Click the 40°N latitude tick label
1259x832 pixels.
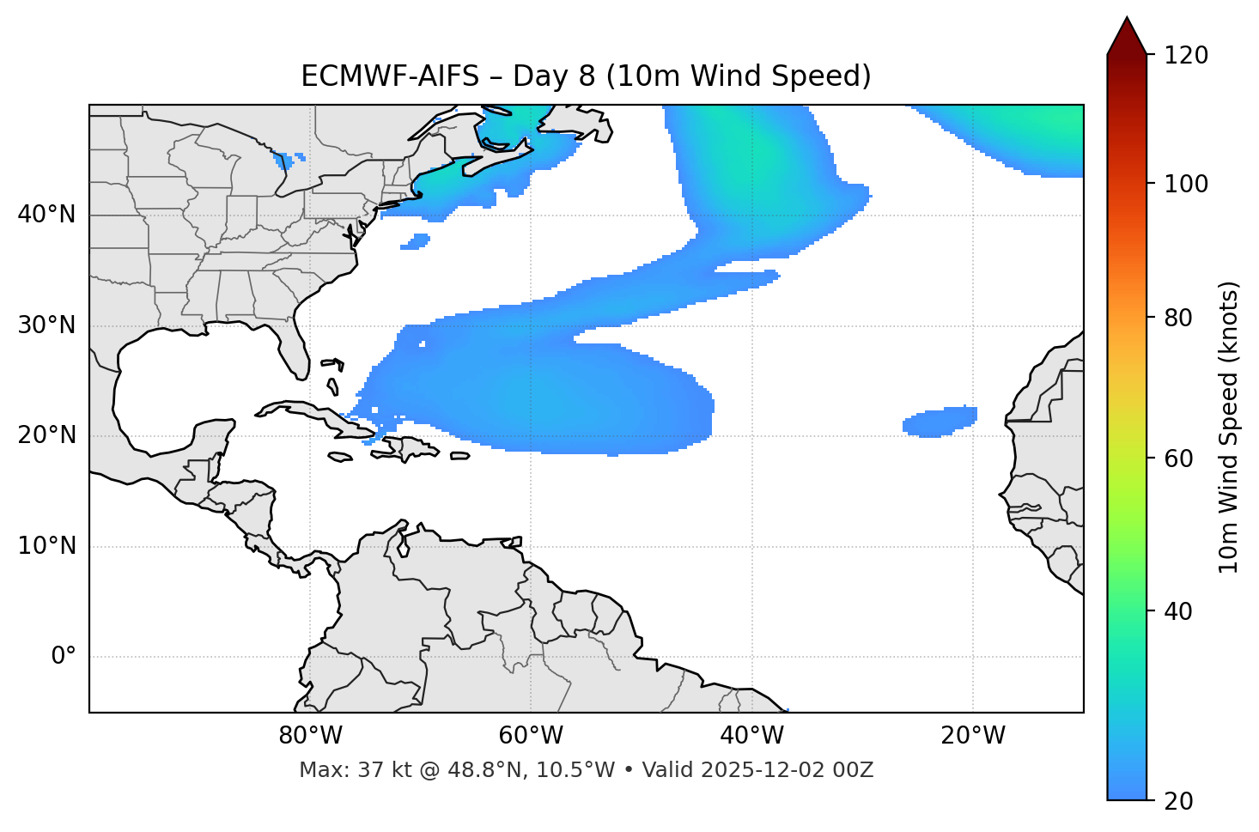[46, 215]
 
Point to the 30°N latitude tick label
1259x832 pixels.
[46, 325]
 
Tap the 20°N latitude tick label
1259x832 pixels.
[46, 435]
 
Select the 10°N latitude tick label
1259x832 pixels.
[46, 546]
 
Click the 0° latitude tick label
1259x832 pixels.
[64, 657]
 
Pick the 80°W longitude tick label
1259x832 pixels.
[310, 736]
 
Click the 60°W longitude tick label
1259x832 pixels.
[531, 736]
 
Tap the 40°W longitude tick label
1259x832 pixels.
[751, 736]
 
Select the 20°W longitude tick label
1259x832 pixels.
[972, 736]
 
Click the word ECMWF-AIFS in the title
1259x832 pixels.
[390, 76]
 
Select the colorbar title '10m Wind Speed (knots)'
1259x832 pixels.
[1229, 427]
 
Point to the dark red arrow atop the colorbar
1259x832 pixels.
[1127, 36]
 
